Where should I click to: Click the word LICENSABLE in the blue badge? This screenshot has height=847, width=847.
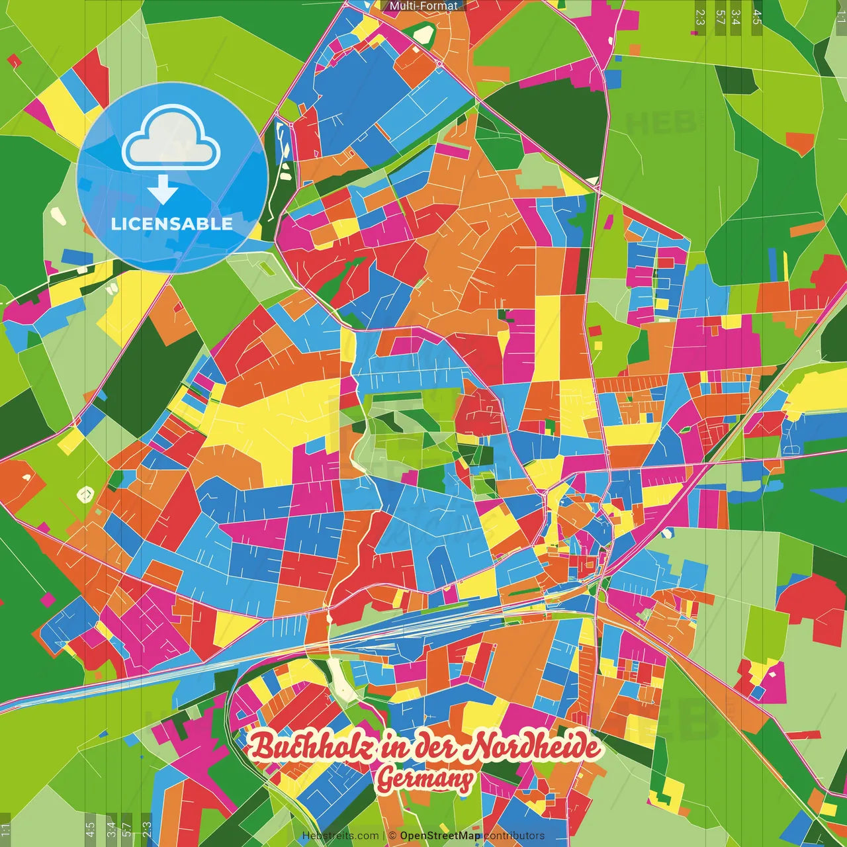click(172, 223)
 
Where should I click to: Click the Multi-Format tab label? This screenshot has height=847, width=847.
click(423, 6)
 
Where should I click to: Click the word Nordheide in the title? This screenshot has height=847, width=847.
click(533, 748)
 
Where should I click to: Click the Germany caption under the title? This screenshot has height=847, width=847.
click(424, 780)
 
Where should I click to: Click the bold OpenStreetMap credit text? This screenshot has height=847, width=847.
click(440, 836)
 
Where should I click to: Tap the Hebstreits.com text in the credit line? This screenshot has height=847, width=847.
click(341, 836)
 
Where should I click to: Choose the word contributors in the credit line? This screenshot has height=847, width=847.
click(514, 836)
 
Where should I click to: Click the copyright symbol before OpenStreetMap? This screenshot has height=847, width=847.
click(392, 836)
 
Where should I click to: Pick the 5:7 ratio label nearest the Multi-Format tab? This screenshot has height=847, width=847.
click(720, 17)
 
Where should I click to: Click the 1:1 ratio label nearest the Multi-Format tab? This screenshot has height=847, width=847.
click(840, 17)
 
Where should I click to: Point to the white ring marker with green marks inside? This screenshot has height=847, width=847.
click(85, 494)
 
